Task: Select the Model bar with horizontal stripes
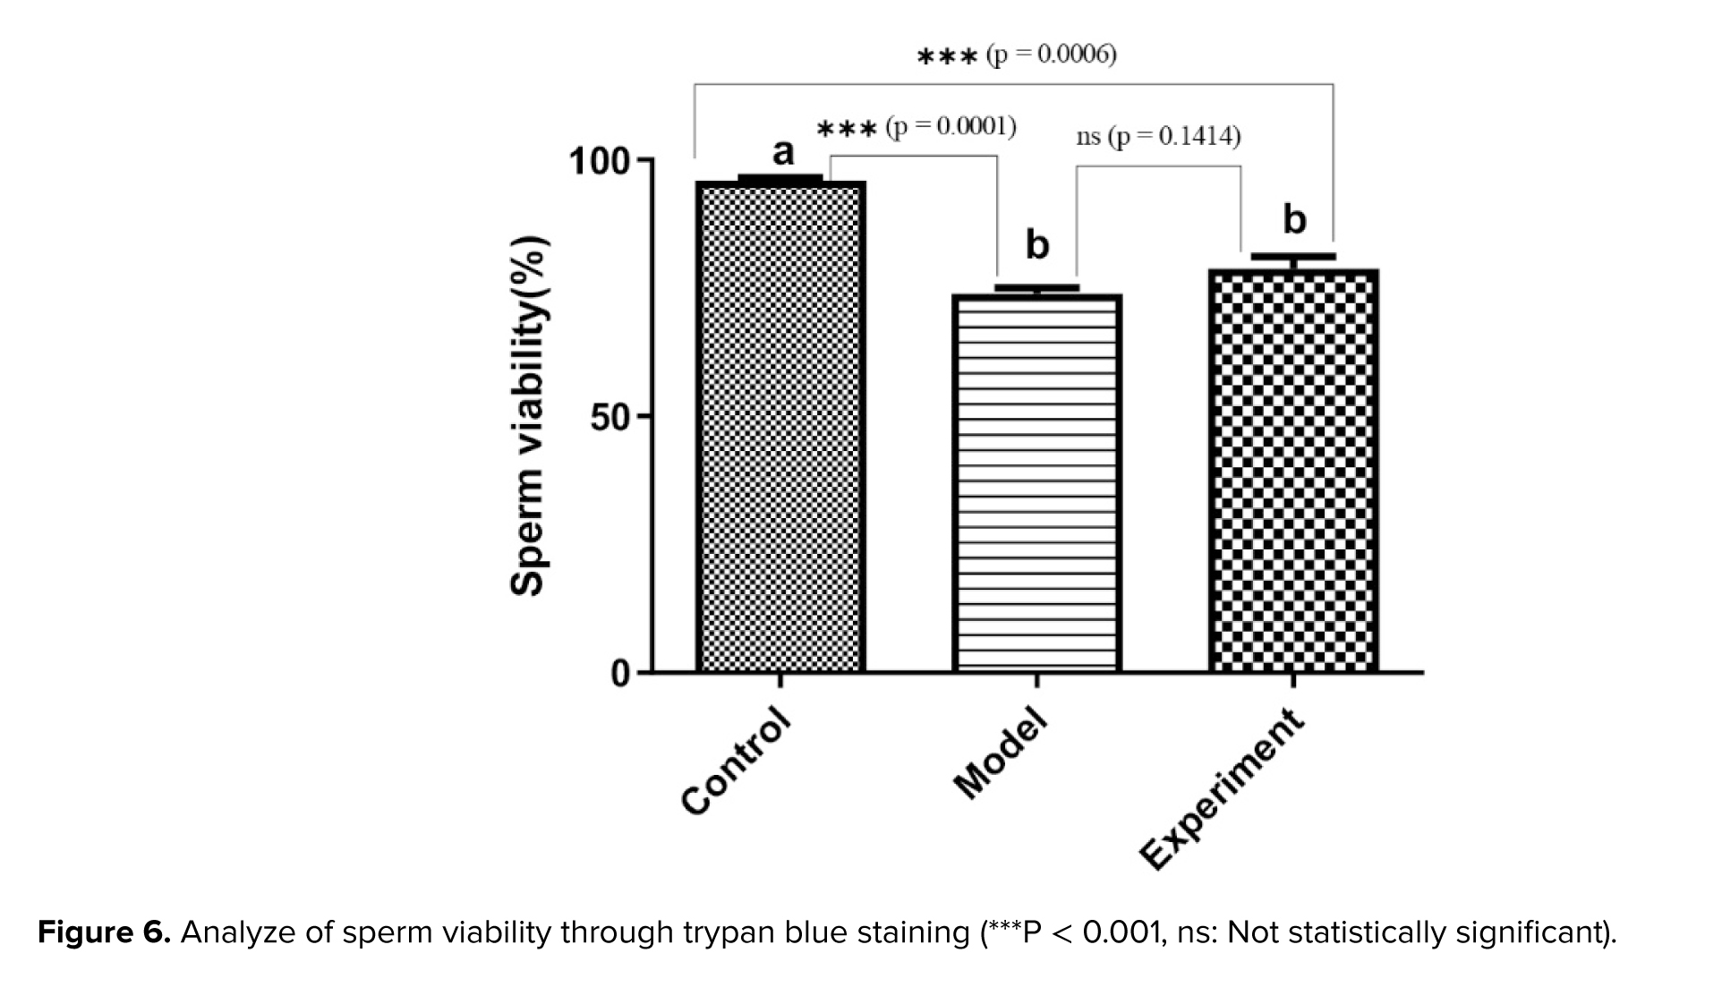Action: click(x=1036, y=483)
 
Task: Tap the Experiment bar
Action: click(x=1293, y=471)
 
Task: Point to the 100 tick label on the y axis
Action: click(x=599, y=162)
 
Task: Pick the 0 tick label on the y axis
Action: click(x=620, y=673)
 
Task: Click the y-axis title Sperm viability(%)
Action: click(x=528, y=416)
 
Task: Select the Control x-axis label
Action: click(x=737, y=762)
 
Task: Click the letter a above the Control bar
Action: click(x=783, y=152)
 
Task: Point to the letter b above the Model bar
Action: click(x=1036, y=244)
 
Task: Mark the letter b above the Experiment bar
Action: click(x=1294, y=219)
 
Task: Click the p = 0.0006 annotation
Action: click(x=1052, y=55)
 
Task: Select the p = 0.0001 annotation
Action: click(x=951, y=126)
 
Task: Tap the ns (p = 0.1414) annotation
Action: click(x=1158, y=136)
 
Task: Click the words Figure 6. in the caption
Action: click(x=104, y=933)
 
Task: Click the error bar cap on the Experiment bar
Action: click(x=1293, y=257)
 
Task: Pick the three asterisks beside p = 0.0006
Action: click(x=947, y=57)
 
